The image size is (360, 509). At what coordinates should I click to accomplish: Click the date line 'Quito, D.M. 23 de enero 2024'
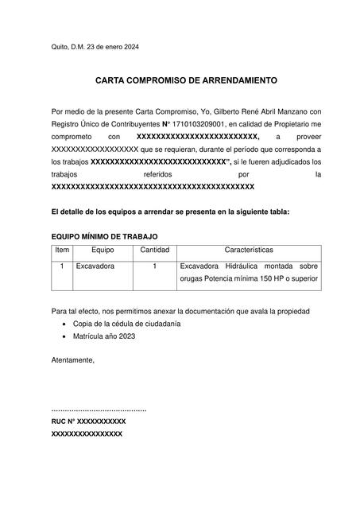pos(95,47)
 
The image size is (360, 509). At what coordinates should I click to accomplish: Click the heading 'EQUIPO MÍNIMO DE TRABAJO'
pos(104,237)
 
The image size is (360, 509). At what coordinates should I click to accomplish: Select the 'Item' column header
pos(61,250)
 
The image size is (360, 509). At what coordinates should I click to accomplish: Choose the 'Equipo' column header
pos(103,250)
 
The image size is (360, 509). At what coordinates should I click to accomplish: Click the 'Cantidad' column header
pos(154,250)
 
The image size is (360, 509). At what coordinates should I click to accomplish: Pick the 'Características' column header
pos(249,250)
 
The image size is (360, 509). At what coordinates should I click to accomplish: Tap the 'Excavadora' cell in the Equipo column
pos(95,266)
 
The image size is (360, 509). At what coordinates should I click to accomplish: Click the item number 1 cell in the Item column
pos(61,266)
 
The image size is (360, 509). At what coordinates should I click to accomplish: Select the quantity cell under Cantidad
pos(154,266)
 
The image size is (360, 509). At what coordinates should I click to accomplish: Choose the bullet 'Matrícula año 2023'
pos(104,336)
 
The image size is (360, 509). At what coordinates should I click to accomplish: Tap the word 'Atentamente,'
pos(72,360)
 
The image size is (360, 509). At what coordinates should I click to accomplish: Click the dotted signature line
pos(99,409)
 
